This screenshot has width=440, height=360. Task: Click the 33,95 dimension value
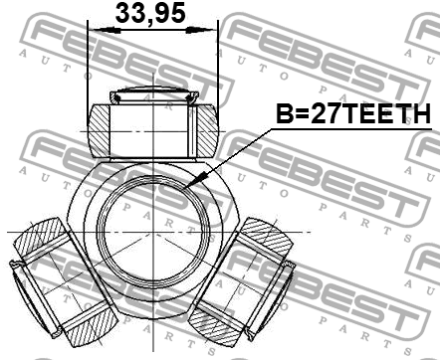[x=150, y=14]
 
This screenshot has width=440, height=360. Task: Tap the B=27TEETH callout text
[x=353, y=113]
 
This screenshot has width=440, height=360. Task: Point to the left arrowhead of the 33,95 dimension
[x=107, y=31]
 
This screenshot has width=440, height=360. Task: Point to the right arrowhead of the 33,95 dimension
[x=198, y=31]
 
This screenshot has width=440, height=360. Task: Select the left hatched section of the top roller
[x=99, y=130]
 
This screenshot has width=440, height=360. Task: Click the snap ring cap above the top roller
[x=154, y=96]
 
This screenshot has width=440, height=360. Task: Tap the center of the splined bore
[x=153, y=231]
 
